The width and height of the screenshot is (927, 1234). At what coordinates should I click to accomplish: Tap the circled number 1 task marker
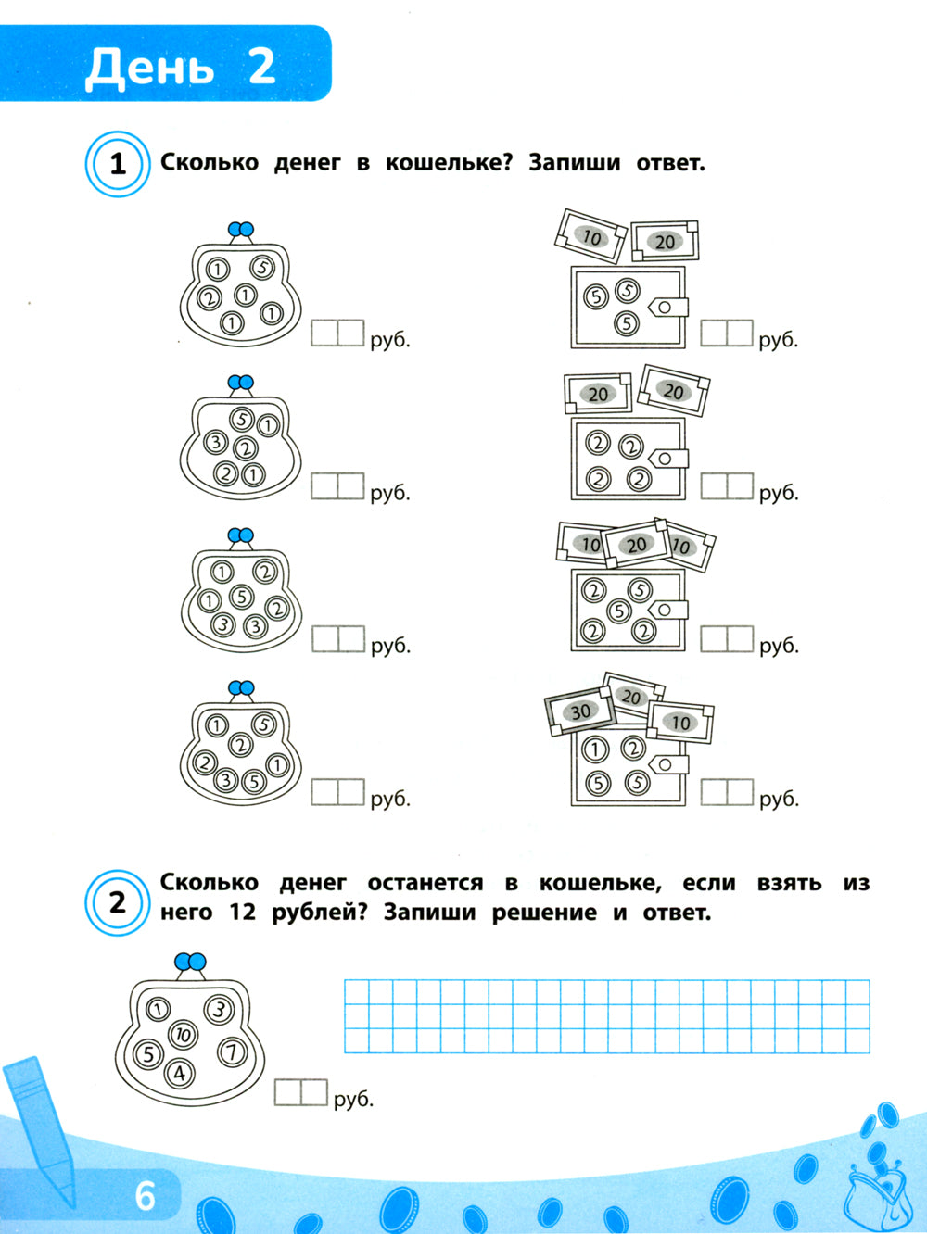118,164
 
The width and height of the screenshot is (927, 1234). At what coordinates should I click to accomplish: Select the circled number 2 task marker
118,903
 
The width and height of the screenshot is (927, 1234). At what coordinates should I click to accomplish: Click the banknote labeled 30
580,711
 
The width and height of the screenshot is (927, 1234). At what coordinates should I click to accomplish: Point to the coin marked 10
183,1035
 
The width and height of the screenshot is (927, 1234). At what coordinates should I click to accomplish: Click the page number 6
145,1196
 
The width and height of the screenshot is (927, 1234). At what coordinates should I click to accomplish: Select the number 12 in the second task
243,913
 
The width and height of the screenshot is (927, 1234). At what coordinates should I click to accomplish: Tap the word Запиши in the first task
574,164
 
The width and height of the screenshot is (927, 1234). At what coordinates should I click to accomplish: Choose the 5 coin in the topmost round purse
262,267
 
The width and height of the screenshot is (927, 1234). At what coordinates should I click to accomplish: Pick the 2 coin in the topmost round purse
209,296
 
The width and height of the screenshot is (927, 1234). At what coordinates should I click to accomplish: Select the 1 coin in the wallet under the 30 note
595,749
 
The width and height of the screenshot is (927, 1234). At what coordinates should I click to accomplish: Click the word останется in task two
425,883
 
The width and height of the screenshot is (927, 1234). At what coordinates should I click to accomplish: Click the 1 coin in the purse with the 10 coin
159,1009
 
